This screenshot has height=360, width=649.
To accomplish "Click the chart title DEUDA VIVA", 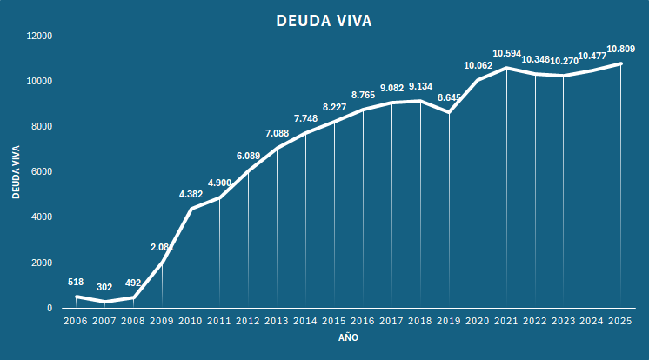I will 324,20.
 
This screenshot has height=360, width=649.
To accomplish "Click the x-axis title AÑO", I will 348,337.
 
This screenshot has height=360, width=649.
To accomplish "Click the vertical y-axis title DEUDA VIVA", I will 17,171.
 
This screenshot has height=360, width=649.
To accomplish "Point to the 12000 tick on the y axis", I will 39,36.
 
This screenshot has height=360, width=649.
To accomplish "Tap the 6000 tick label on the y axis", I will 42,172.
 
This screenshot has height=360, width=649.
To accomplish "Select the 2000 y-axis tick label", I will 42,263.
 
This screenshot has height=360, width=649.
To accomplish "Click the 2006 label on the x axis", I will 76,322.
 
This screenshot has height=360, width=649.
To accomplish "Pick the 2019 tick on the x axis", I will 449,322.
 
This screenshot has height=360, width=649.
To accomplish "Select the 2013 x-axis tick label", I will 277,322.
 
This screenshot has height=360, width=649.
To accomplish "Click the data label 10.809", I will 620,49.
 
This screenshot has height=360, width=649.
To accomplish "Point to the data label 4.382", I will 191,194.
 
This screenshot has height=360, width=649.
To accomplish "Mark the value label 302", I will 104,287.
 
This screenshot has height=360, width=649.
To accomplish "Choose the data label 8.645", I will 449,97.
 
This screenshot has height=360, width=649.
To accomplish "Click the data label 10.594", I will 506,53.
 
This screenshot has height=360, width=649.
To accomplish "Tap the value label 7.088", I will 277,133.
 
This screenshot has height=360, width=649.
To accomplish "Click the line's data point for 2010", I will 191,209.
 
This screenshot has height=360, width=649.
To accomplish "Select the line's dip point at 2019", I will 449,112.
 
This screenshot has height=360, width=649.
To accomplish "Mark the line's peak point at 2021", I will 506,68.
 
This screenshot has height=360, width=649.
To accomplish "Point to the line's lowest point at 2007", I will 104,302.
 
